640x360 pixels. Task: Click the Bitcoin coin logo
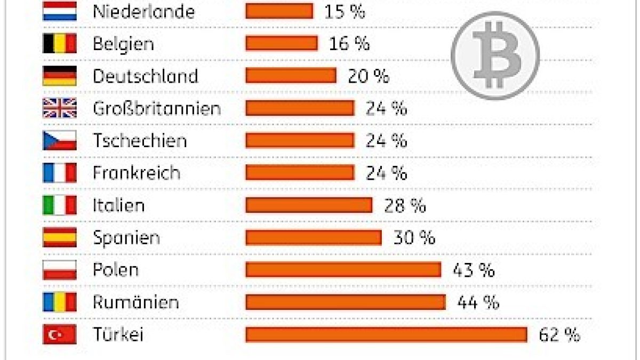[x=495, y=55]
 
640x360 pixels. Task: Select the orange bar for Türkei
[x=386, y=335]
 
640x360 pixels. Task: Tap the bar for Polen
[x=343, y=270]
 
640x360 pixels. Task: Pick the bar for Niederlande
[x=279, y=11]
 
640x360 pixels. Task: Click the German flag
[x=60, y=76]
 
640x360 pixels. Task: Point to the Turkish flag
[x=60, y=335]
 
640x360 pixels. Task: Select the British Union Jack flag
[x=60, y=108]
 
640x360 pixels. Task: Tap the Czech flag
[x=60, y=141]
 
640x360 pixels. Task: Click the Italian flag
[x=60, y=205]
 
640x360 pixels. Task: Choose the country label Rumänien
[x=135, y=302]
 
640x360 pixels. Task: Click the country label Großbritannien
[x=156, y=108]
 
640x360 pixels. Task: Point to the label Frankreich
[x=137, y=173]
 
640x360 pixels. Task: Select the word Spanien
[x=126, y=238]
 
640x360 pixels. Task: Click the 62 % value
[x=559, y=335]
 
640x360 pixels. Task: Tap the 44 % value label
[x=478, y=302]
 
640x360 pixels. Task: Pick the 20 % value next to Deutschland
[x=369, y=76]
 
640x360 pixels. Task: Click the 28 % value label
[x=405, y=205]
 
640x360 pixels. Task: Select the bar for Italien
[x=309, y=205]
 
